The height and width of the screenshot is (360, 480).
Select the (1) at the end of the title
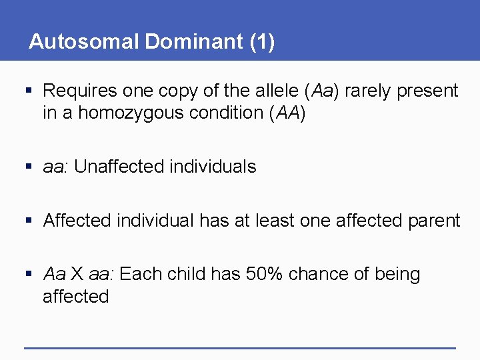(262, 41)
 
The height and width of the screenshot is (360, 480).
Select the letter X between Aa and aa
(77, 274)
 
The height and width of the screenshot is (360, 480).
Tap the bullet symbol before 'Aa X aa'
(27, 274)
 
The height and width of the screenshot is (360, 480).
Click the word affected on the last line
(75, 297)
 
